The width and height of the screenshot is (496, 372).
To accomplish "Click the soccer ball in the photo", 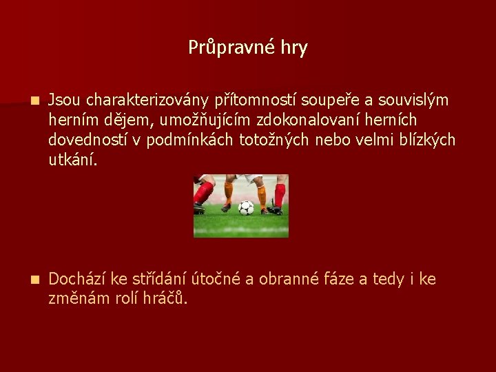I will tap(246, 207).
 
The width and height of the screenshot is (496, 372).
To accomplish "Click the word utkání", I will tap(74, 161).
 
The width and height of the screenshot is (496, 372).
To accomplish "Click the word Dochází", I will tap(78, 279).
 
